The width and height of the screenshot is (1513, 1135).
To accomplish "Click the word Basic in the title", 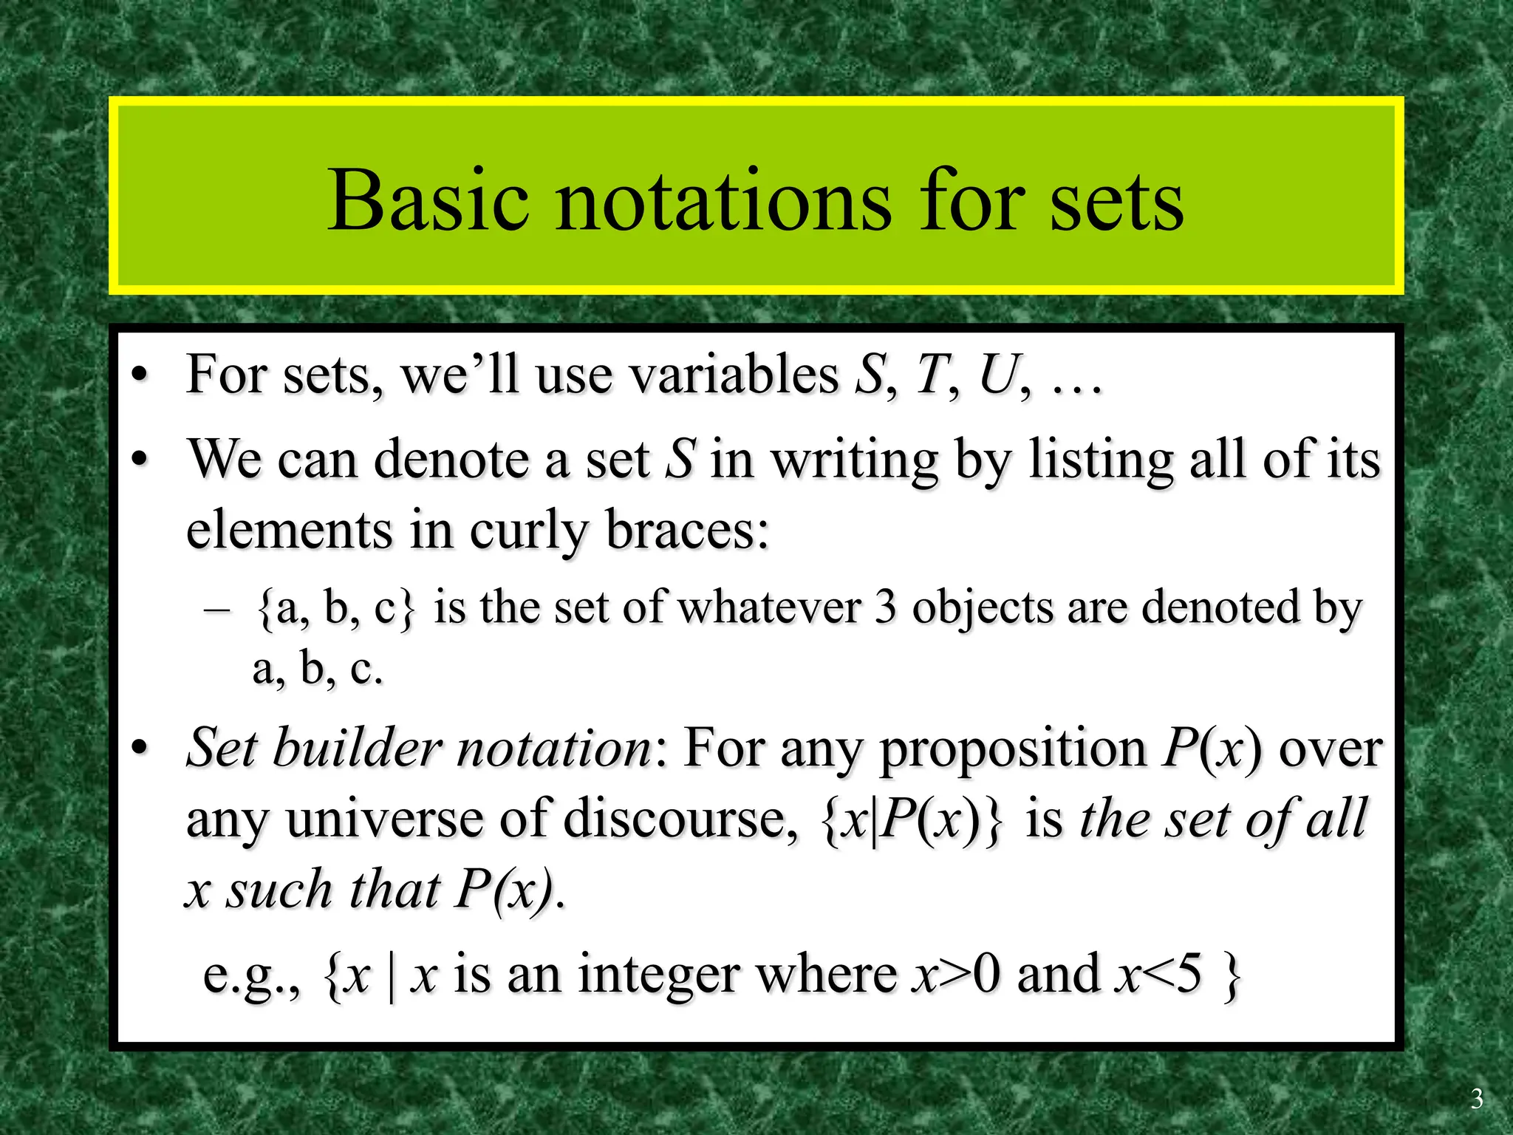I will click(428, 201).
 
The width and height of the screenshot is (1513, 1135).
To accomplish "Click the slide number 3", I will click(1476, 1099).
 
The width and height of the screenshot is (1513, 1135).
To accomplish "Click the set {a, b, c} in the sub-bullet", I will click(336, 609).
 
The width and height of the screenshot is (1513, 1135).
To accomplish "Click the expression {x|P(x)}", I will click(912, 821).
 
